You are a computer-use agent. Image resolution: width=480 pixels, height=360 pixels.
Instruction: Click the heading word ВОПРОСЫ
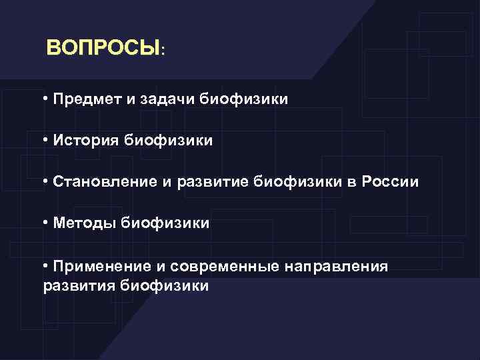103,49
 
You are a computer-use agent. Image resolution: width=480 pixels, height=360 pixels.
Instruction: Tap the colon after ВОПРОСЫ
163,51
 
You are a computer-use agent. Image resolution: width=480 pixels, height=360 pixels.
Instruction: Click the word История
83,141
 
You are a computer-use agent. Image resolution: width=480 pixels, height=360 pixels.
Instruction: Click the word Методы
84,223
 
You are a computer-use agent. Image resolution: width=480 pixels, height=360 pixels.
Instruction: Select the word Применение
99,267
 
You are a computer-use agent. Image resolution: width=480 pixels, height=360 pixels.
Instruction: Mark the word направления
336,267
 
